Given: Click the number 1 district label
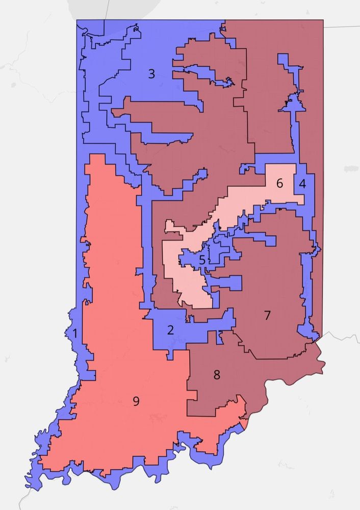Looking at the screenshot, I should coord(75,335).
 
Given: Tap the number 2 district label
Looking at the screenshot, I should coord(170,330).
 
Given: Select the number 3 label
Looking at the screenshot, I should coord(151,74).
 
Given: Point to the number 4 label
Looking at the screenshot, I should coord(302,184).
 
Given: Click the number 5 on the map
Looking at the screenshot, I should coord(202,260).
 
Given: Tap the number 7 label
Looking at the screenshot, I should coord(267,315).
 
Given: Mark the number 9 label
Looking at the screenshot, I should coord(136,401).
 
